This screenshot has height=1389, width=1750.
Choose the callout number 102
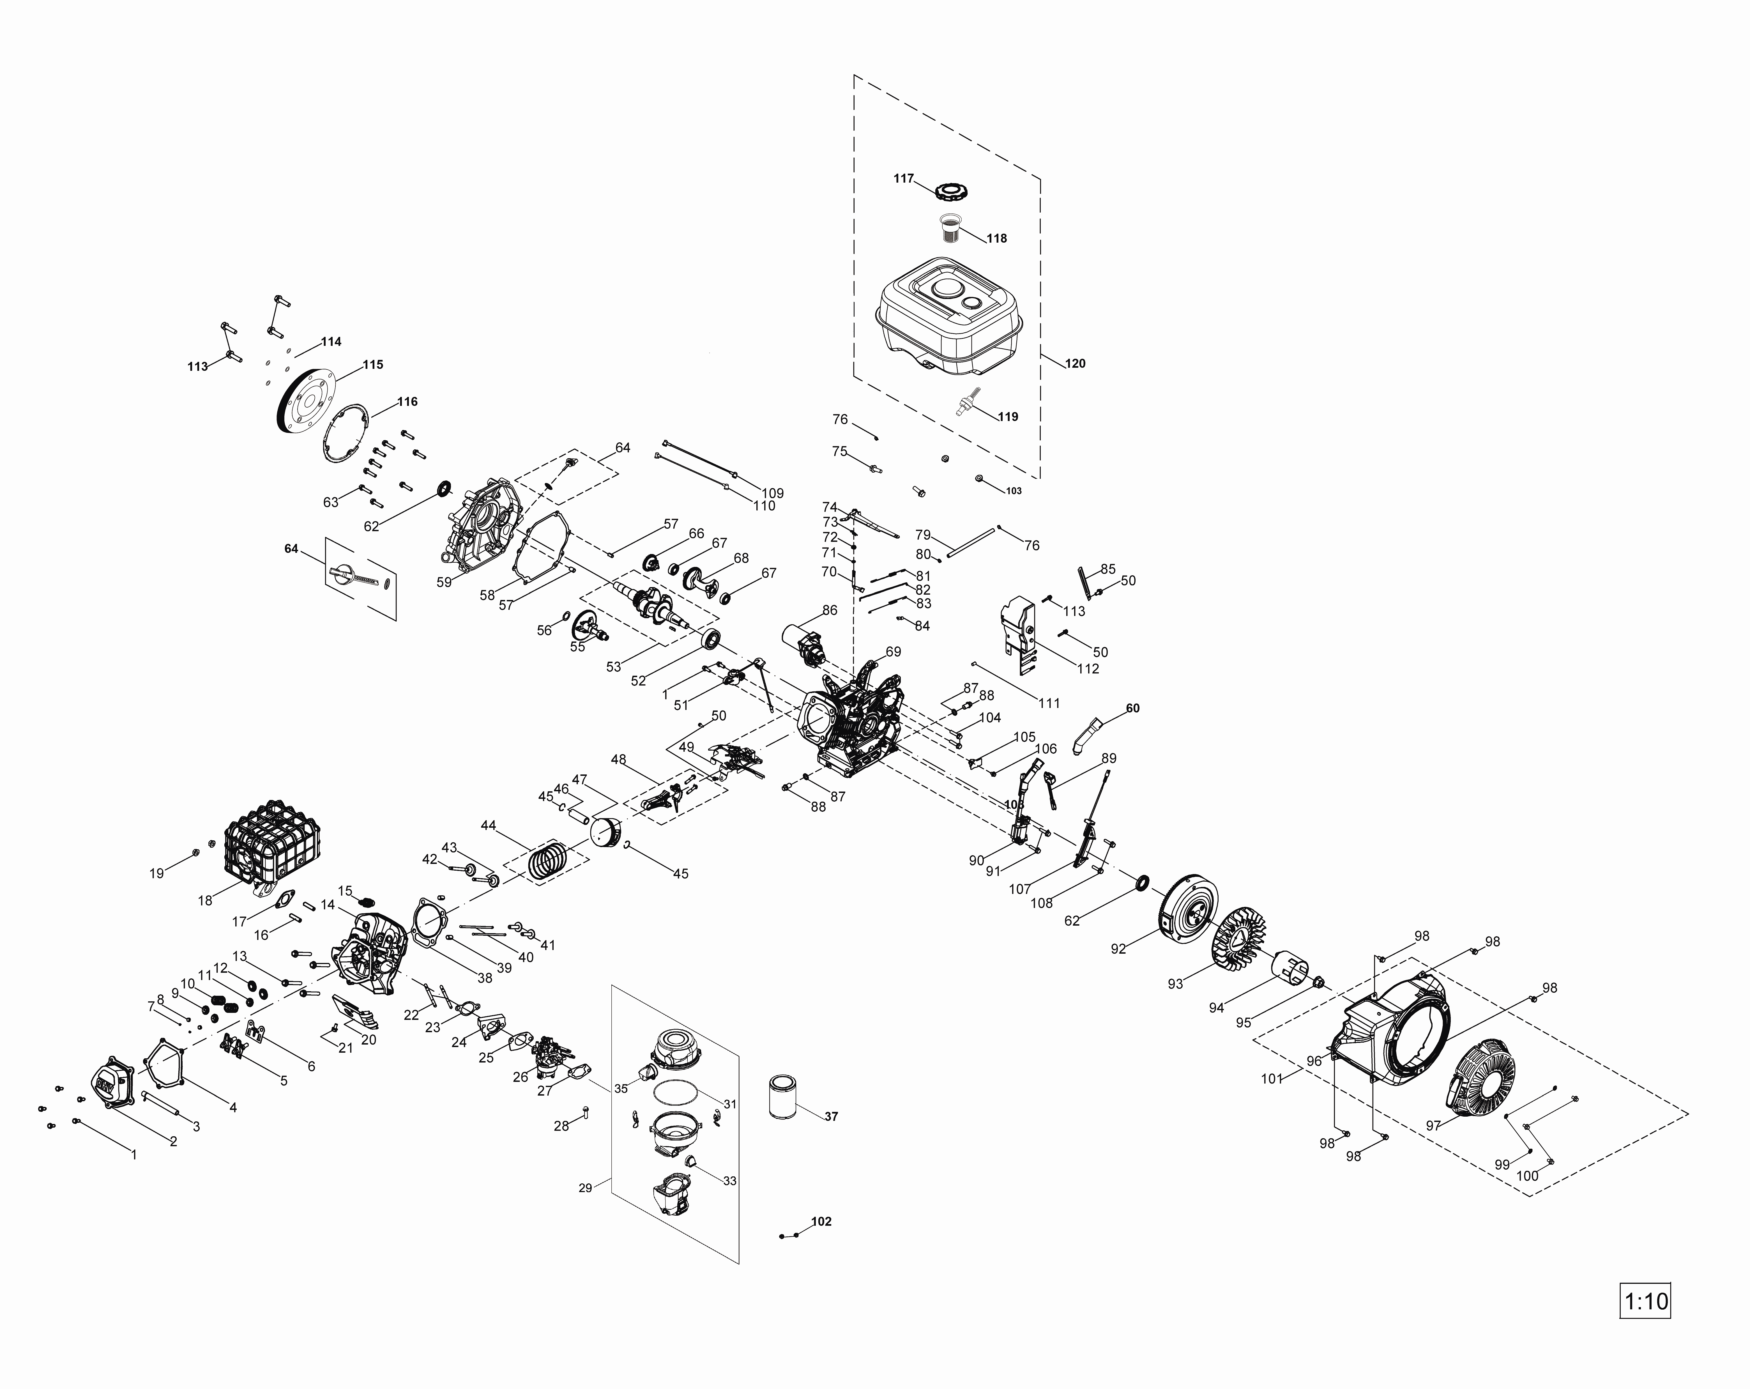pyautogui.click(x=821, y=1221)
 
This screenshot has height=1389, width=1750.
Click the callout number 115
pyautogui.click(x=372, y=365)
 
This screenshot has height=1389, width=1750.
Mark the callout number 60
pyautogui.click(x=1132, y=708)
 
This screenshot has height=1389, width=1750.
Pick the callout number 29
pyautogui.click(x=585, y=1188)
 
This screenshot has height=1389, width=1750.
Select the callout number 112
pyautogui.click(x=1088, y=668)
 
